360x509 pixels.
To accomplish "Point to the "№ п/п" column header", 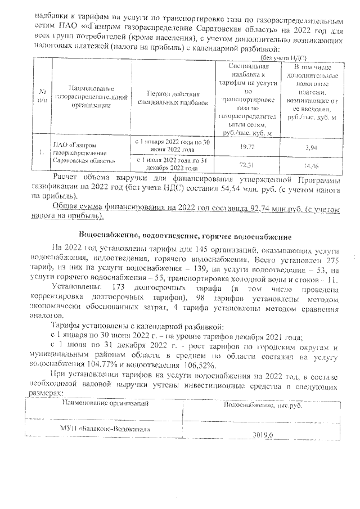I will point(43,97).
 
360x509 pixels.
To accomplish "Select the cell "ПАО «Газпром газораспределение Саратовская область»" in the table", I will point(79,152).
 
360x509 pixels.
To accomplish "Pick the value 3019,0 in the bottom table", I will point(263,435).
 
